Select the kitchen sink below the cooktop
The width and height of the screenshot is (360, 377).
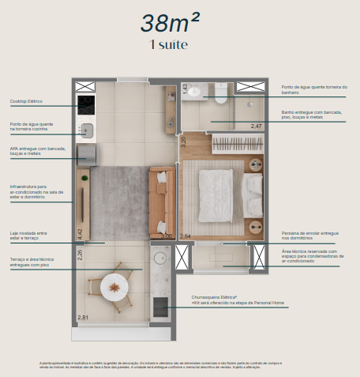(86, 130)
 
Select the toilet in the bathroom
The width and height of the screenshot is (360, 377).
(222, 101)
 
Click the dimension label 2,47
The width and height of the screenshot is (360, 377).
(256, 126)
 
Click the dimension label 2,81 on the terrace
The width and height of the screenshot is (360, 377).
(83, 317)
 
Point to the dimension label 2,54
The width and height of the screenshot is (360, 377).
(186, 236)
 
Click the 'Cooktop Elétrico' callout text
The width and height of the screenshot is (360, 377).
(26, 102)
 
